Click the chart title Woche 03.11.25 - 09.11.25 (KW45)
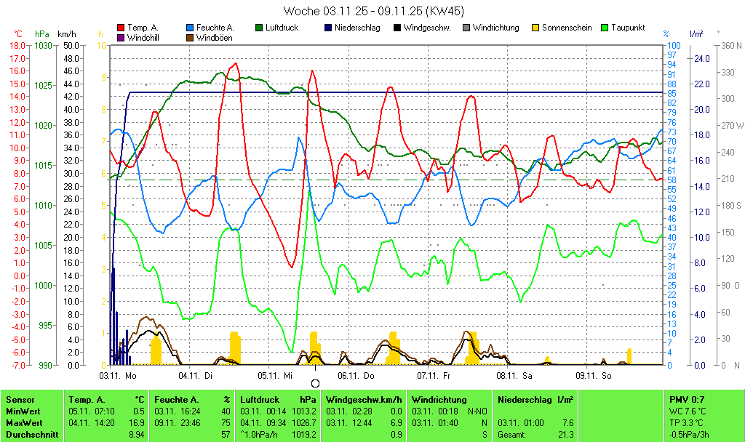[373, 11]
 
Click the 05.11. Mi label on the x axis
[276, 375]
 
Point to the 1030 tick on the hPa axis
[43, 46]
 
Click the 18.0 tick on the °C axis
[17, 46]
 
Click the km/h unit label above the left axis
[66, 34]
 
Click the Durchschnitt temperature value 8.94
[136, 435]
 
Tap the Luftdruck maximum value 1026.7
[306, 423]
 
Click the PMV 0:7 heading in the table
[687, 400]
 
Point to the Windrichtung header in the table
[439, 400]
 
